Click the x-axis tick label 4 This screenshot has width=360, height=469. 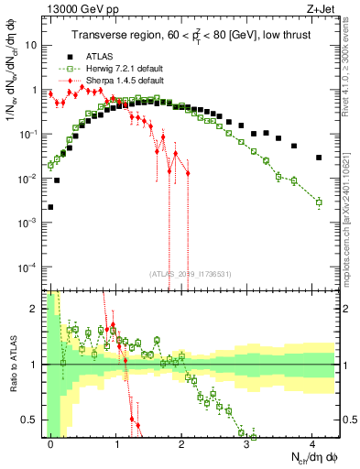(x=314, y=444)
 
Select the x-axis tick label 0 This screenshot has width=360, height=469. (x=50, y=444)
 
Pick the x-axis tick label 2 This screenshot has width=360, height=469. (x=182, y=444)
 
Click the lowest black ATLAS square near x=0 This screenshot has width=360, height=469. (x=50, y=207)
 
